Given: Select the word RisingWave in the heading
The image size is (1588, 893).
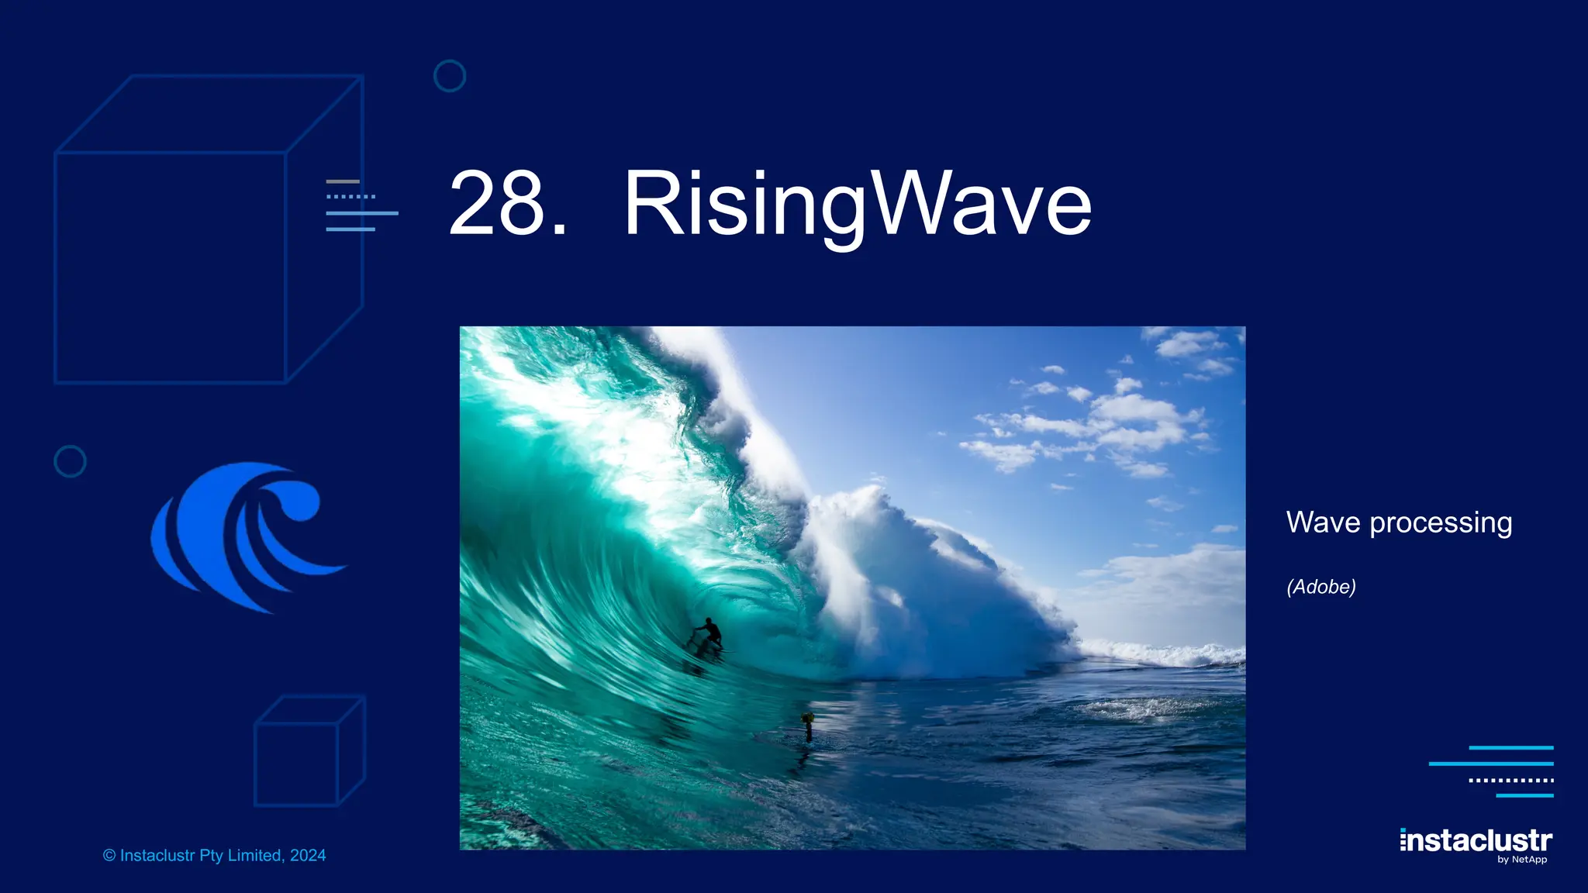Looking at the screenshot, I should pos(857,203).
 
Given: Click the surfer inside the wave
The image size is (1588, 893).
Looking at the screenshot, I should pos(708,633).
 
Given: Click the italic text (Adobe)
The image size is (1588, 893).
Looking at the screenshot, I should pos(1320,587).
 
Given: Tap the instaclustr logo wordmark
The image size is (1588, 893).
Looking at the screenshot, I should pos(1476,840).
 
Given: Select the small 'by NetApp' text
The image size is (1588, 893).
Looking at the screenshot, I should pos(1522,860).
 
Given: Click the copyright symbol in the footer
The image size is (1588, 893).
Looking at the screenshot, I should pos(109,856).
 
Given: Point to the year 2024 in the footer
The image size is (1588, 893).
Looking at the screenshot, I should pos(308,856).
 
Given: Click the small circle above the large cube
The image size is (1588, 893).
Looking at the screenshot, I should pos(450,76).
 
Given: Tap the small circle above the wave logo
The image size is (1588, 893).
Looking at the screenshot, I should pos(70,461).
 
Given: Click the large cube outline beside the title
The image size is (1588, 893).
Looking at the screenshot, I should pos(208,229).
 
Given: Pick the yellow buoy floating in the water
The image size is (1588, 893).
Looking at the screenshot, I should pos(807,719).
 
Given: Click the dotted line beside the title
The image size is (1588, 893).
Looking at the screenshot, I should pos(350,197).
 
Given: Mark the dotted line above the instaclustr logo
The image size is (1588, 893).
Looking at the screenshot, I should pos(1510,780).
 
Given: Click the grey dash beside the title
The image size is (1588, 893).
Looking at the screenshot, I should pos(343,181).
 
